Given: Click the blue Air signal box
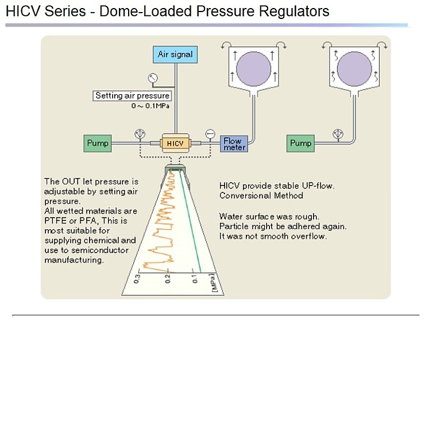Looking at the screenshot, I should [176, 55].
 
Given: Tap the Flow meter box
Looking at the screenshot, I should [233, 144].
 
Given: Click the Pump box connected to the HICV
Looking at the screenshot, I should [98, 143].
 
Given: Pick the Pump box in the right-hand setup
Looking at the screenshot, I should [300, 143].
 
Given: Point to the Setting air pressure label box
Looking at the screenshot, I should [132, 96].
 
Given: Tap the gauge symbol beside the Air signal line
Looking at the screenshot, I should [153, 78].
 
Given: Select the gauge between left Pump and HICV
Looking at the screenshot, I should [138, 134].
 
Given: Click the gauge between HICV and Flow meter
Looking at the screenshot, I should [210, 134].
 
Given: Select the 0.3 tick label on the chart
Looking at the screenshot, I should [137, 280].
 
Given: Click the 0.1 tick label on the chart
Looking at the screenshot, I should [195, 280].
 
